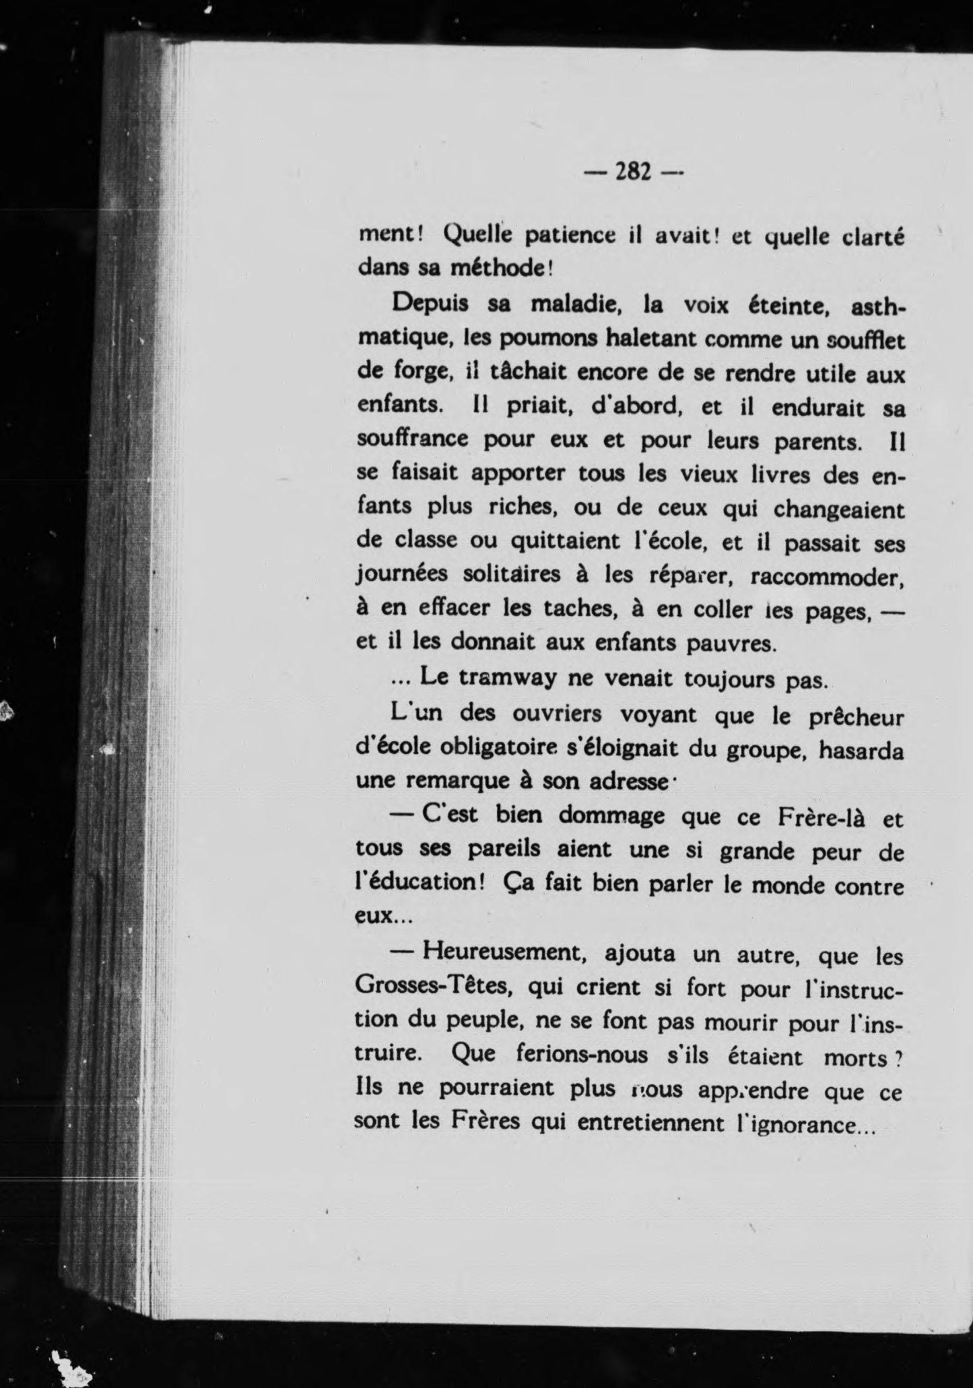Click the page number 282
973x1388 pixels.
(633, 172)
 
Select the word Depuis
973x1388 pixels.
(430, 304)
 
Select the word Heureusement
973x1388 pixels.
(502, 953)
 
